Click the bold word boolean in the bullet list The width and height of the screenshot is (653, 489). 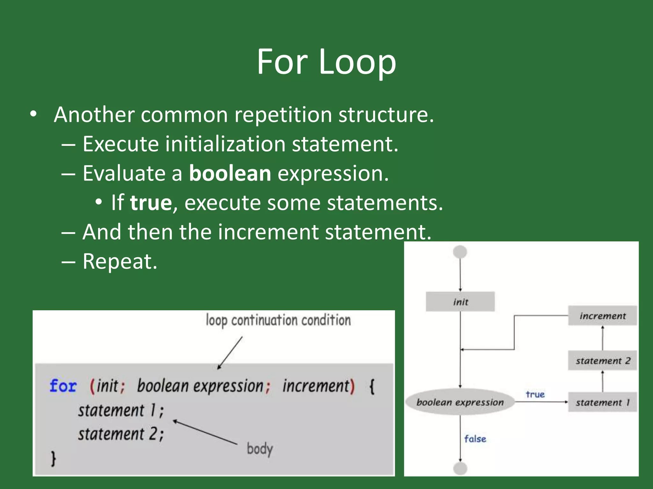[230, 174]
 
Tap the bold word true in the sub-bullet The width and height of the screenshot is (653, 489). [151, 203]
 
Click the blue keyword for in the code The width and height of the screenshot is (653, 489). [63, 386]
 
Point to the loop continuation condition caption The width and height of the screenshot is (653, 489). [278, 320]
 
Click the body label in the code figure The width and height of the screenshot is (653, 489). [260, 449]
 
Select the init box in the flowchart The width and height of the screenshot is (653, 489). [460, 301]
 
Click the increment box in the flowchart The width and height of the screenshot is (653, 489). [602, 316]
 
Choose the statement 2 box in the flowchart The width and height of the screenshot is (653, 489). [602, 361]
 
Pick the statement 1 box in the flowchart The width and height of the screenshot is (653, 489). [602, 402]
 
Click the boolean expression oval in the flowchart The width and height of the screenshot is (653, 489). [460, 402]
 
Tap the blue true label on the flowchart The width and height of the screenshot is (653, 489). [535, 394]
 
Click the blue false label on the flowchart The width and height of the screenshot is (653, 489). [475, 439]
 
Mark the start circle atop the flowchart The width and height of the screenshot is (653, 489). [460, 252]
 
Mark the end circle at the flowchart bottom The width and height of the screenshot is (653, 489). [460, 468]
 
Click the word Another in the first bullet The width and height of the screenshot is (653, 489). [94, 115]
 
